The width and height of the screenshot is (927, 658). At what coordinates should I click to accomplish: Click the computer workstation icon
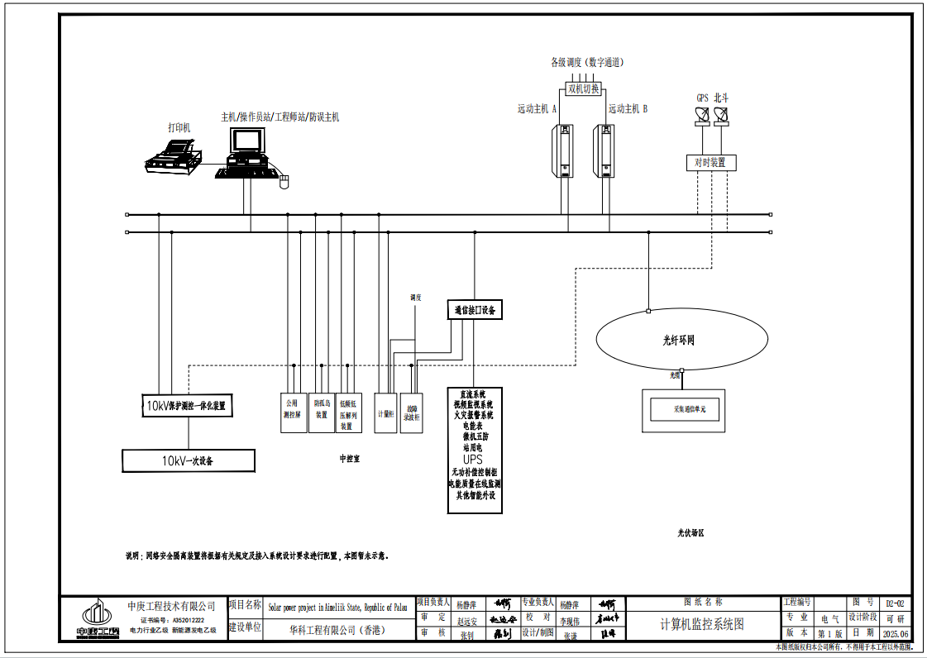[x=246, y=155]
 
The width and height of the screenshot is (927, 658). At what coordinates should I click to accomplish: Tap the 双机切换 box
[x=583, y=88]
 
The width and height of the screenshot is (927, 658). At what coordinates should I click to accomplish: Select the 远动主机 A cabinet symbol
[x=563, y=150]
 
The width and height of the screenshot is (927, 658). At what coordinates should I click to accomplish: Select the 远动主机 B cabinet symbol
[x=604, y=150]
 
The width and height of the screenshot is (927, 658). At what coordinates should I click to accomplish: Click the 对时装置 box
[x=710, y=163]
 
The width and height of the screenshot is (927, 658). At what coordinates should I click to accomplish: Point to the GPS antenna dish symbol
[x=703, y=117]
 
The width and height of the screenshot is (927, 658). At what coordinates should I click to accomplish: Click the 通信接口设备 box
[x=475, y=310]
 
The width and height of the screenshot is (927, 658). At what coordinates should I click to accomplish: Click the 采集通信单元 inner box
[x=684, y=409]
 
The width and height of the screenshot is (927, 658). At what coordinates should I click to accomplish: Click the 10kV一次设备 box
[x=189, y=460]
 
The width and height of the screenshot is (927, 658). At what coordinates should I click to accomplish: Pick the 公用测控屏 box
[x=294, y=411]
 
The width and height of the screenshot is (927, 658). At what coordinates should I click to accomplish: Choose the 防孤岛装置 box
[x=322, y=411]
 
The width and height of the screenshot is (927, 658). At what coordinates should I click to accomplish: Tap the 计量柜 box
[x=385, y=411]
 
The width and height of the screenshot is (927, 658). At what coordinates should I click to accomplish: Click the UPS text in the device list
[x=473, y=460]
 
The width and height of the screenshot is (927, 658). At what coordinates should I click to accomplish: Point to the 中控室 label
[x=350, y=457]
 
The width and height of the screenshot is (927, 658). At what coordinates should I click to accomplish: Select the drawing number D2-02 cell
[x=895, y=603]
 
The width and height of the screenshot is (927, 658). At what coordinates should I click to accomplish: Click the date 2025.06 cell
[x=895, y=633]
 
